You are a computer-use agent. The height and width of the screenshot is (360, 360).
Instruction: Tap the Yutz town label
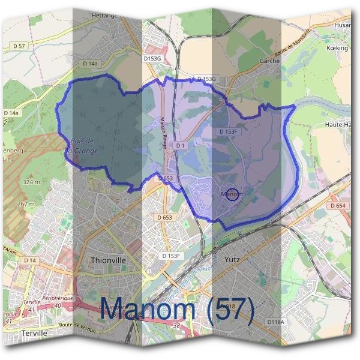pos(232,260)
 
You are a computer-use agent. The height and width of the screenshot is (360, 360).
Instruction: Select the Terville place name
pos(33,332)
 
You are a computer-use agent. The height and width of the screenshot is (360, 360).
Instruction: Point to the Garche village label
pos(271,61)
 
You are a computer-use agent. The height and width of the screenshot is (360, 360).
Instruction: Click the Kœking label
pos(338,47)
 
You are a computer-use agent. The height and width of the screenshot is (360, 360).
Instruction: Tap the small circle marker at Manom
pos(234,194)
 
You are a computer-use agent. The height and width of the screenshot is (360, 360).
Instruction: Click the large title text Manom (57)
pos(177,310)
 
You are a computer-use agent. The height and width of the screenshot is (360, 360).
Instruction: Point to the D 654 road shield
pos(338,206)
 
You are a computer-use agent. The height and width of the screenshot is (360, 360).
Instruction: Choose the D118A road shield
pos(275,322)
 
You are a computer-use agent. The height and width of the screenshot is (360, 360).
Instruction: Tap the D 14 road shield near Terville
pos(29,260)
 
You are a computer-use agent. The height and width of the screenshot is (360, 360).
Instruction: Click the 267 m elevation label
pos(26,205)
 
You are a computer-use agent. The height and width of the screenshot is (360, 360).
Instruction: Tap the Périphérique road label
pos(57,298)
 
